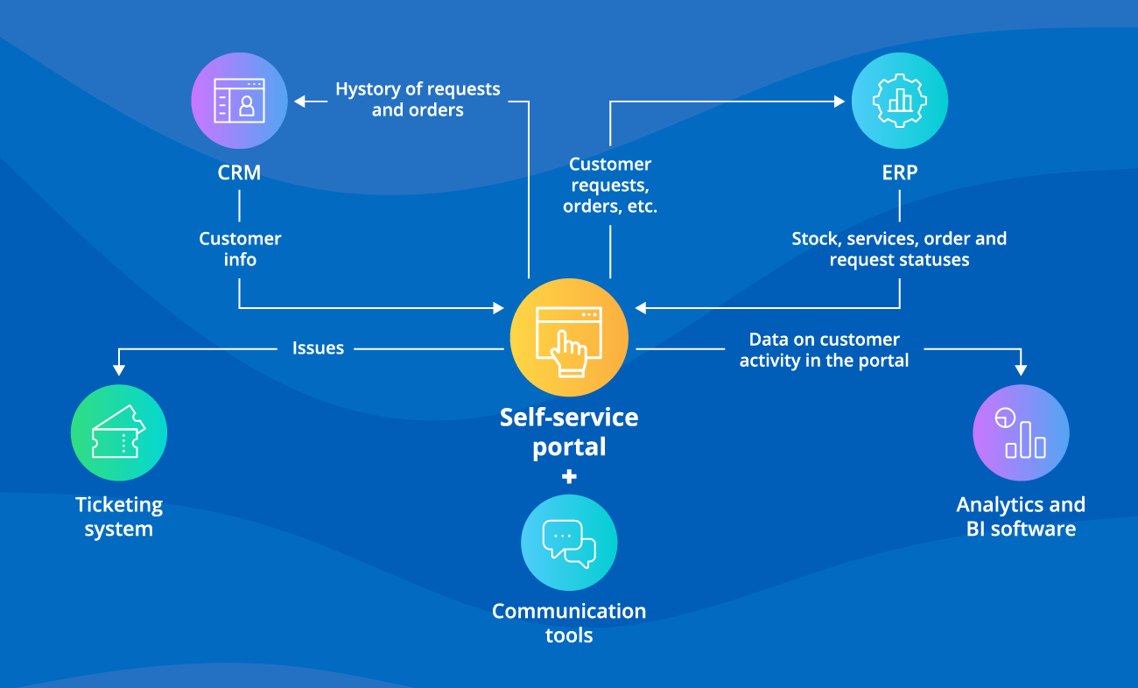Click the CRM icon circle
(x=239, y=101)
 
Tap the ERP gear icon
(x=899, y=101)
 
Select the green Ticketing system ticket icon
(x=118, y=432)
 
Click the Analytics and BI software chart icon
(x=1021, y=432)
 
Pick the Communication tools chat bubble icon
(x=569, y=543)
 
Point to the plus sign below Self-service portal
(x=569, y=477)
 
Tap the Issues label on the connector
(x=318, y=348)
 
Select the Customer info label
(x=240, y=249)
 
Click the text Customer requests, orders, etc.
(x=610, y=186)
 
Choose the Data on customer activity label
(x=824, y=349)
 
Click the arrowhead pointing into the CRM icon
(x=299, y=102)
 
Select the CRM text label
(x=239, y=172)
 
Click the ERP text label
(x=899, y=172)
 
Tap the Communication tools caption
(x=569, y=622)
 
